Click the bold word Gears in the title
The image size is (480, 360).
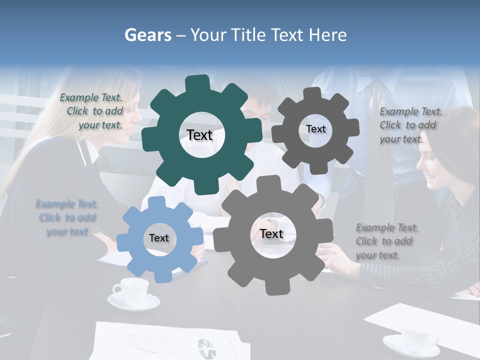[147, 35]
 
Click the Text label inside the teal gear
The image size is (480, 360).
[199, 135]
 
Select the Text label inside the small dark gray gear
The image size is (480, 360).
[315, 129]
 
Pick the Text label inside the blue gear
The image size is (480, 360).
[159, 238]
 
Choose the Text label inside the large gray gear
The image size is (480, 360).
[271, 234]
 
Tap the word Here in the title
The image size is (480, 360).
[328, 35]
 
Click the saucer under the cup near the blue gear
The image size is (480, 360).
[133, 301]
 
